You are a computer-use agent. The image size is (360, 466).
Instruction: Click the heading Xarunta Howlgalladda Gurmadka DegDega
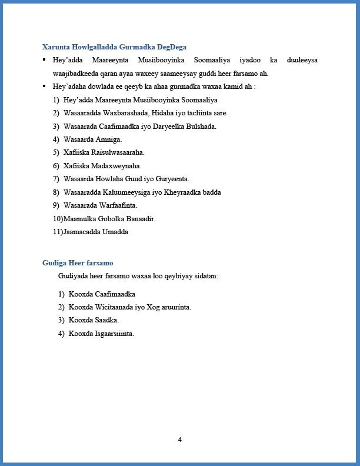(x=115, y=46)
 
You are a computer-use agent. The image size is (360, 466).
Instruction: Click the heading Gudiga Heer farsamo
(x=78, y=262)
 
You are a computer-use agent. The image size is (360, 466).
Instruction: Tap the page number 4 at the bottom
(x=180, y=440)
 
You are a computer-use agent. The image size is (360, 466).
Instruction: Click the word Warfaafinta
(x=120, y=205)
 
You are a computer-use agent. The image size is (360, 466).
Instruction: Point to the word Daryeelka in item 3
(x=161, y=127)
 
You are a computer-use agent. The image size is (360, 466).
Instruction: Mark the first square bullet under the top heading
(x=44, y=60)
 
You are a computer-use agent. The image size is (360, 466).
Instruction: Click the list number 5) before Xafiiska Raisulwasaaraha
(x=56, y=152)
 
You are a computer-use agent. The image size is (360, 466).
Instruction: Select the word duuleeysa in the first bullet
(x=302, y=60)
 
